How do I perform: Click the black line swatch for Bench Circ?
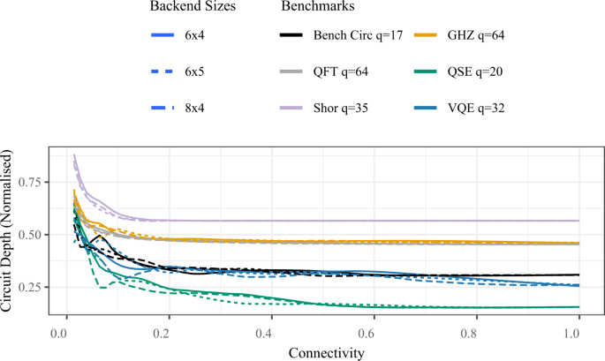point(291,35)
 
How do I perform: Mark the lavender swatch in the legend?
point(291,108)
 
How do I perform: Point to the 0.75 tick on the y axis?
point(33,183)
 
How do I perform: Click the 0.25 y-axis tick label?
point(33,288)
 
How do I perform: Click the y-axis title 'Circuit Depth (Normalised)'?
point(8,233)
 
